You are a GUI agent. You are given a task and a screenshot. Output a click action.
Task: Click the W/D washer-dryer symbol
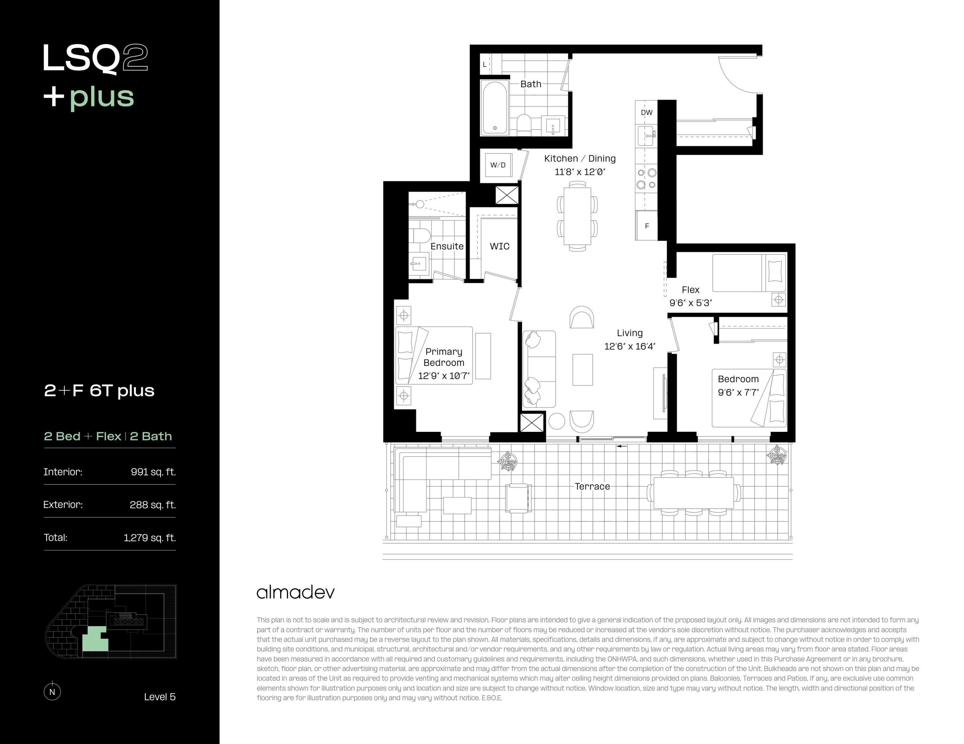[498, 165]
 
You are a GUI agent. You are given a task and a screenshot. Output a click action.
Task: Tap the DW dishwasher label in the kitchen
[646, 112]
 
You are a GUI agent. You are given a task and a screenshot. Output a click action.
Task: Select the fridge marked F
[647, 225]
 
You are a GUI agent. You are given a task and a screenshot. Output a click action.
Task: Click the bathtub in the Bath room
[495, 108]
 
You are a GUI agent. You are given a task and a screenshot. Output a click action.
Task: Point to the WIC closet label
[499, 246]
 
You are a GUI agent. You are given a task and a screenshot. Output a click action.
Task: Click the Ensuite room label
[447, 246]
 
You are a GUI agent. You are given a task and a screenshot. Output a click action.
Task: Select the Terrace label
[592, 486]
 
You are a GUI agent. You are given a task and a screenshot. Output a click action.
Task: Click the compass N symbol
[52, 691]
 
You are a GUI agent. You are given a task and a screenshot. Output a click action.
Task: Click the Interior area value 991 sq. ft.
[153, 472]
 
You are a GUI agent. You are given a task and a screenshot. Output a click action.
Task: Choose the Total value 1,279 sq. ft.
[149, 538]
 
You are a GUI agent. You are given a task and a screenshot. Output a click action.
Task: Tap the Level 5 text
[160, 697]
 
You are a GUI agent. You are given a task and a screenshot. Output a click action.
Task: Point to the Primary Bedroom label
[444, 357]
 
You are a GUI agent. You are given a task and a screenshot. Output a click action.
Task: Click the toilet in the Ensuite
[419, 235]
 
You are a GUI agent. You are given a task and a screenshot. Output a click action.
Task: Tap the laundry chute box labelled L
[485, 64]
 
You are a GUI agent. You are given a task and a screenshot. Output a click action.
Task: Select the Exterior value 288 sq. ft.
[153, 504]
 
